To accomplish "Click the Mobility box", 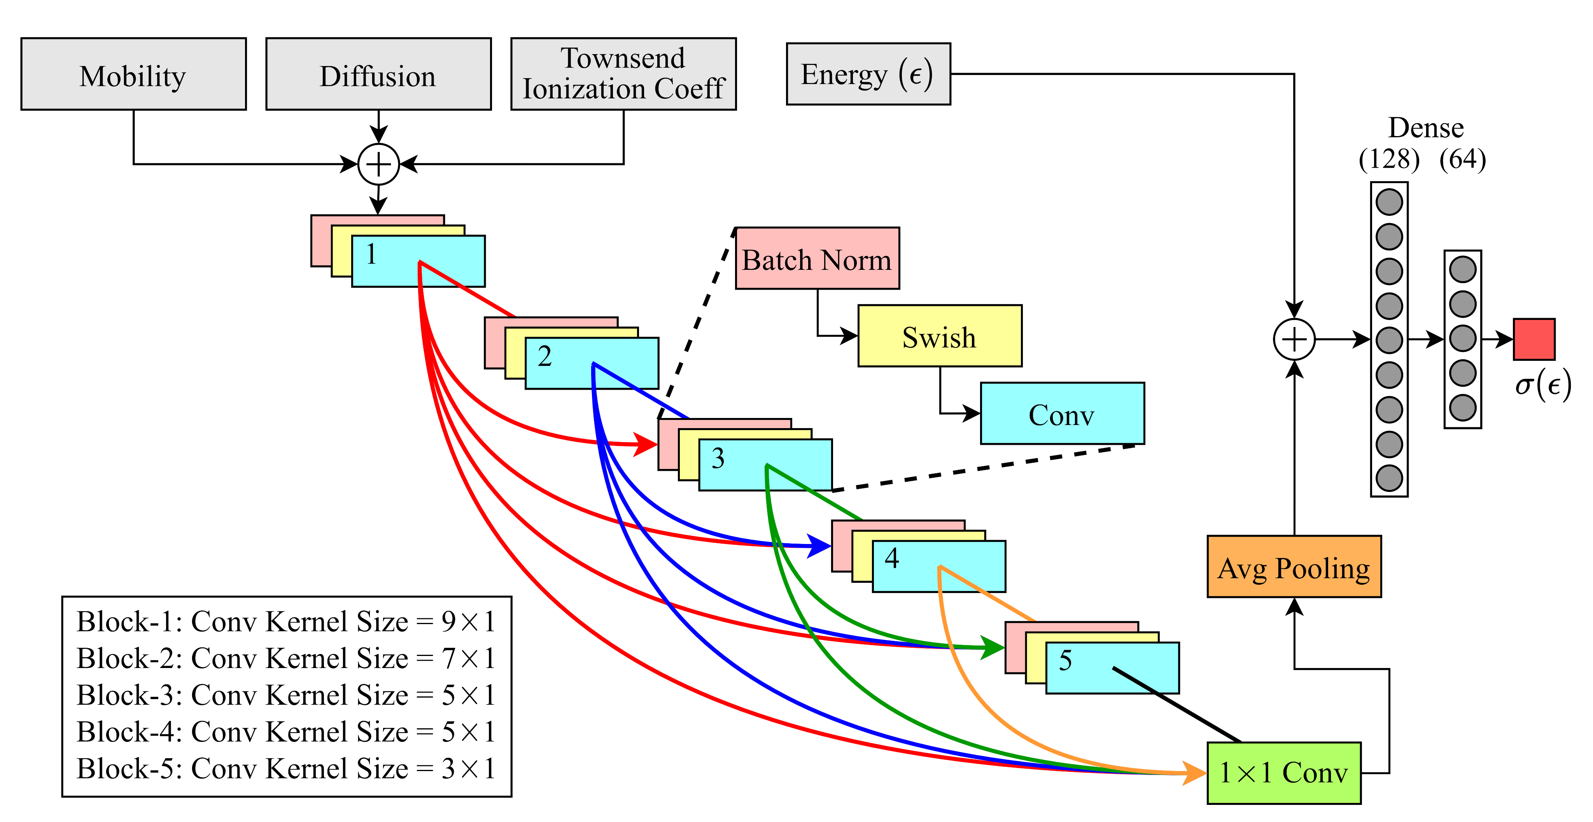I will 133,74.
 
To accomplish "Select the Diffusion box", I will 378,74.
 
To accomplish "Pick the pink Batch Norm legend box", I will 817,258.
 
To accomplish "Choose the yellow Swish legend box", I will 939,336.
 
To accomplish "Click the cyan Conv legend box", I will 1062,413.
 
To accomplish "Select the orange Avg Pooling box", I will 1294,567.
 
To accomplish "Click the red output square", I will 1533,339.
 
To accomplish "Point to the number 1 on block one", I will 371,254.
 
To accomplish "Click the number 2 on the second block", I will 544,357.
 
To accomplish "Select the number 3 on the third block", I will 717,458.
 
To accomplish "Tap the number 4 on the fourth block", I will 891,558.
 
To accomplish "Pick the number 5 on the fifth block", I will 1065,660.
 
